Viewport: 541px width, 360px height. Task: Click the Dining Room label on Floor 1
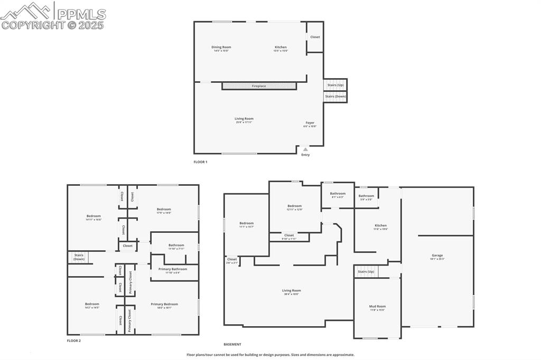pos(222,47)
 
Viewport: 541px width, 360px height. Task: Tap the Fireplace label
pos(259,86)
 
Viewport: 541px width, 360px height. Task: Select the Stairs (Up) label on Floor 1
pos(335,85)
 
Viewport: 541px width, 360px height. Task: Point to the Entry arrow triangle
pos(305,149)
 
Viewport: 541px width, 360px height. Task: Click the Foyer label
pos(310,123)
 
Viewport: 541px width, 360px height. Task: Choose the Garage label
pos(437,255)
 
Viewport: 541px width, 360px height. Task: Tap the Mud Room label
pos(377,306)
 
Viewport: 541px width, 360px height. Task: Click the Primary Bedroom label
pos(164,304)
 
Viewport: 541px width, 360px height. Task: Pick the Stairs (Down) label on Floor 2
pos(79,257)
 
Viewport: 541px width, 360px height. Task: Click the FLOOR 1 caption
pos(200,162)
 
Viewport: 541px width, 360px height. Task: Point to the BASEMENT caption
pos(232,344)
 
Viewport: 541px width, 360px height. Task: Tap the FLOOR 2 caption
pos(74,341)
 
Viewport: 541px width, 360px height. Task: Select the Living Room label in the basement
pos(291,290)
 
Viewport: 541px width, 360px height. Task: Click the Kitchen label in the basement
pos(380,225)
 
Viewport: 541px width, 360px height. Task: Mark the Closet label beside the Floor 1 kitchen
pos(315,37)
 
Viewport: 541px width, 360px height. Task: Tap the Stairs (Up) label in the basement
pos(366,272)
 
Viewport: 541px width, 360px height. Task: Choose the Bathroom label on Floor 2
pos(176,245)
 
